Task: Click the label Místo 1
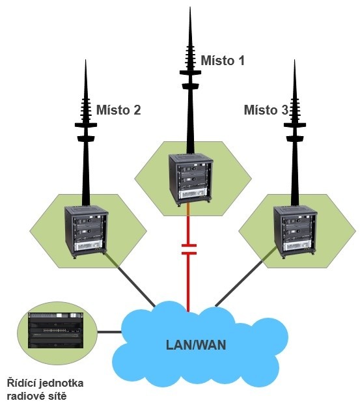[223, 61]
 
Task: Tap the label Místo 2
[118, 110]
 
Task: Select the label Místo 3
[266, 110]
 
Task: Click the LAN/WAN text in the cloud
[196, 345]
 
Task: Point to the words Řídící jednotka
[45, 383]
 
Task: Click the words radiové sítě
[36, 396]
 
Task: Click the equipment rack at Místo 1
[191, 179]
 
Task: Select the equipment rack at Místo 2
[87, 232]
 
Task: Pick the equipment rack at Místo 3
[296, 232]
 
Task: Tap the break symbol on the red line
[189, 249]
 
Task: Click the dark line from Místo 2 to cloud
[130, 279]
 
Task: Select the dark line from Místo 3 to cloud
[247, 276]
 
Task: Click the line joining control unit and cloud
[109, 332]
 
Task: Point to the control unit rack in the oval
[55, 330]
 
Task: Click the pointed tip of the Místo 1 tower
[190, 7]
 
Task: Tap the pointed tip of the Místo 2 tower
[85, 60]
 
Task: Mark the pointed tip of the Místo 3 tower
[294, 60]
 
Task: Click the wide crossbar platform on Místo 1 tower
[190, 72]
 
